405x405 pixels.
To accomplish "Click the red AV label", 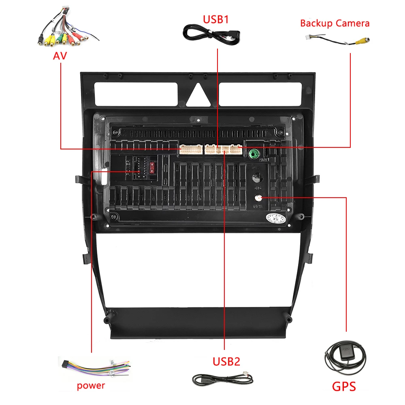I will (x=60, y=55).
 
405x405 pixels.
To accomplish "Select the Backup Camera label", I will (x=335, y=23).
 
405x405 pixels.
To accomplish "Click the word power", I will (x=91, y=385).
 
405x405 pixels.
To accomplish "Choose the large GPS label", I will (x=344, y=386).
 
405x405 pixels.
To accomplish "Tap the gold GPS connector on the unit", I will (x=258, y=198).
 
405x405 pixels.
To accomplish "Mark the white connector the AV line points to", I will (x=191, y=149).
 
